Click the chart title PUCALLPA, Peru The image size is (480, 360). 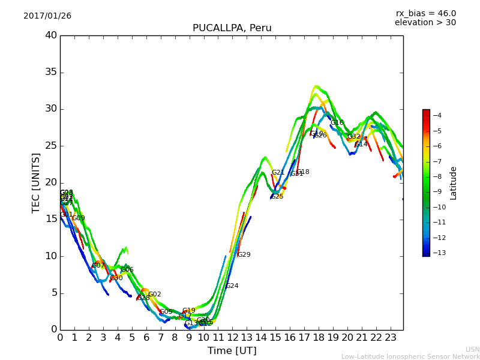pos(232,28)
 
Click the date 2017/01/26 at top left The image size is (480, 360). pos(47,16)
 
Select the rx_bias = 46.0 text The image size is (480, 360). pos(425,13)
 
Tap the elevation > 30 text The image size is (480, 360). pos(425,23)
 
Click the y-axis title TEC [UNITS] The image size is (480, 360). pos(36,182)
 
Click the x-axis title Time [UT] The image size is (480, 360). pos(232,350)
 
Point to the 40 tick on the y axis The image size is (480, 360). pos(50,35)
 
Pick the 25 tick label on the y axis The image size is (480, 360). pos(50,146)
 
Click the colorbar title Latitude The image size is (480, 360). pos(454,183)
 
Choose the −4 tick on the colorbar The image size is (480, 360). pos(437,115)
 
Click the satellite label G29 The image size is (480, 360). pos(244,255)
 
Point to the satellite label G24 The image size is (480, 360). pos(232,286)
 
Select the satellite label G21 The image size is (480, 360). pos(278,173)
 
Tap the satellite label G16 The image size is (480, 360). pos(337,123)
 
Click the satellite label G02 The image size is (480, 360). pos(154,295)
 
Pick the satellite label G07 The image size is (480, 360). pos(98,266)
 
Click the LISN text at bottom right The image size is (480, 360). pos(473,349)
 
